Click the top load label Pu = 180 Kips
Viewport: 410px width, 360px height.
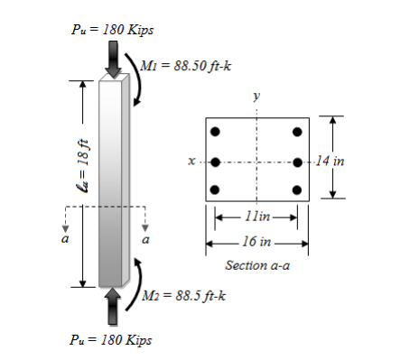tap(111, 30)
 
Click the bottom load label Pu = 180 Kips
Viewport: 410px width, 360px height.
tap(111, 340)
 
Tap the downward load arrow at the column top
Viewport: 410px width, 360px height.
tap(111, 59)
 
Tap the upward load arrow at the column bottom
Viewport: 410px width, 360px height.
tap(111, 306)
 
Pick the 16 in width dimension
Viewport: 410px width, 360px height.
tap(257, 243)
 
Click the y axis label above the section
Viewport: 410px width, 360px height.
tap(257, 94)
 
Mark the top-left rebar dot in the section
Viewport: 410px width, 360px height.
tap(215, 132)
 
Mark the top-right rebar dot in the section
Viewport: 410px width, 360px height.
tap(297, 132)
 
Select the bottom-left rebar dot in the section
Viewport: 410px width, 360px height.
tap(215, 189)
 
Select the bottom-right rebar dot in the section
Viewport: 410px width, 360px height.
tap(297, 189)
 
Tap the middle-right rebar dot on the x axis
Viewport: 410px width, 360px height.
tap(297, 162)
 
